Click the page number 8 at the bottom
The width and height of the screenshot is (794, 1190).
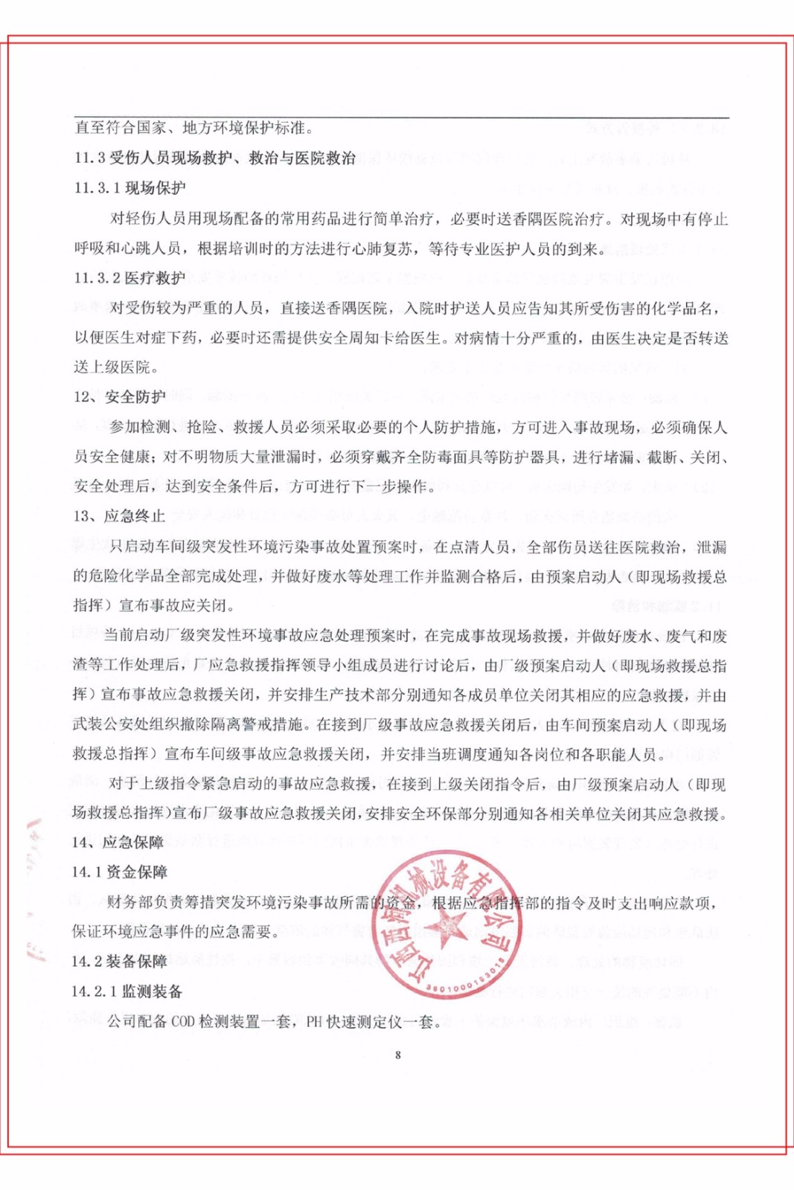(x=398, y=1055)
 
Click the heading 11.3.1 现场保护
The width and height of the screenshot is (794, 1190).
(x=129, y=187)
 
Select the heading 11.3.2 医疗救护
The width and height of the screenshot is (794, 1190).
(x=129, y=277)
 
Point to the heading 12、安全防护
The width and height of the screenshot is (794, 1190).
(x=119, y=396)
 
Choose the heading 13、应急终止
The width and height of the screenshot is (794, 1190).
(x=119, y=516)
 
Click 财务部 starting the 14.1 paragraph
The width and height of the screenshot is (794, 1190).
(x=130, y=903)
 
